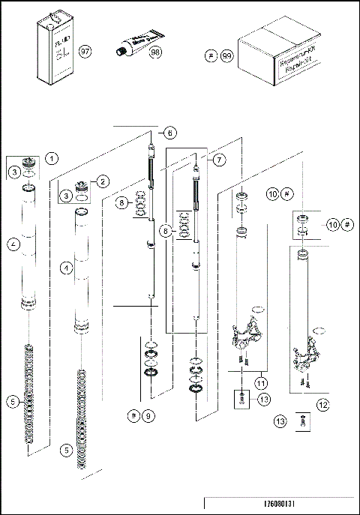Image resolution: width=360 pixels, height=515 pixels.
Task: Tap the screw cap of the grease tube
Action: pos(118,50)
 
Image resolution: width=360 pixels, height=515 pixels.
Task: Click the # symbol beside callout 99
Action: pos(211,56)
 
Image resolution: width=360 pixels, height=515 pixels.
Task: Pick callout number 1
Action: pos(51,157)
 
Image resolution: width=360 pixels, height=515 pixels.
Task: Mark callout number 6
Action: pos(170,133)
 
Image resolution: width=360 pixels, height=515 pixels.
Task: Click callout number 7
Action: pos(219,160)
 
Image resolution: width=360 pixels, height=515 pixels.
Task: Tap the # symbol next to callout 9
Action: pos(132,415)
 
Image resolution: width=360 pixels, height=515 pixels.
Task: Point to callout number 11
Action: pos(260,383)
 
